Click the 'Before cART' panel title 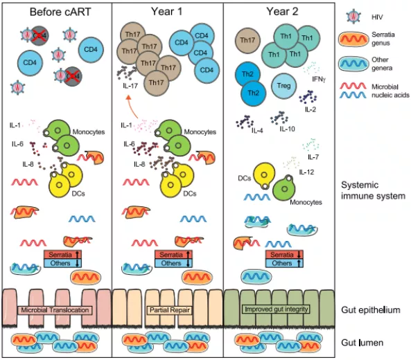coord(60,12)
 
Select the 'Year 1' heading coord(166,12)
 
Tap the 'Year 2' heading coord(282,12)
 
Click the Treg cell coord(283,86)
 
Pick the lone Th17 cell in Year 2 coord(247,40)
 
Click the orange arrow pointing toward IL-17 coord(132,107)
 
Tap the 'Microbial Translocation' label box coord(55,310)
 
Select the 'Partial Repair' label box coord(170,310)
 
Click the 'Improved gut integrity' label coord(277,309)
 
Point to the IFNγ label coord(319,79)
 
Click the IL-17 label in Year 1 coord(130,86)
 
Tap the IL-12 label coord(306,172)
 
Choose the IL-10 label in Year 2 coord(287,129)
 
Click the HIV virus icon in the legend coord(353,17)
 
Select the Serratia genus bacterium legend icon coord(353,39)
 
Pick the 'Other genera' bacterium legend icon coord(353,64)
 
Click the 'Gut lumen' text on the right coord(362,343)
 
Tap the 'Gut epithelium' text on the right coord(370,310)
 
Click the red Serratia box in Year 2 coord(284,255)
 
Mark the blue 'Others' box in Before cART coord(62,263)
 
